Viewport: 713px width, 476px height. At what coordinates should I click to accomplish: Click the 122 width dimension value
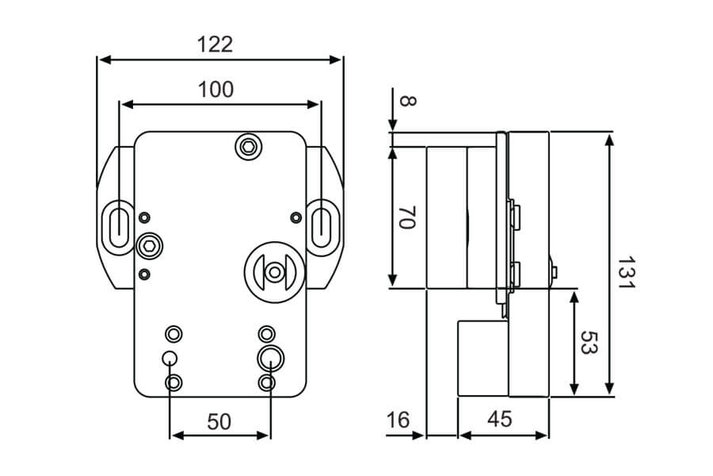point(215,44)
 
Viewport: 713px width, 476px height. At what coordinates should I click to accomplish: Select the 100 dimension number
point(215,90)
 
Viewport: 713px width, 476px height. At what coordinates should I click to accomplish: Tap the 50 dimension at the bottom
point(219,421)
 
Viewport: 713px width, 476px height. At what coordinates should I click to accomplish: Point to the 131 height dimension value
point(627,272)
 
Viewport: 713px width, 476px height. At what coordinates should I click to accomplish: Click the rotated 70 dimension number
point(407,218)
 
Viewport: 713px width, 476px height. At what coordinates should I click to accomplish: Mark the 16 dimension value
point(398,420)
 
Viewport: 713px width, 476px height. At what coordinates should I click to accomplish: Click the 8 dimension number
point(407,101)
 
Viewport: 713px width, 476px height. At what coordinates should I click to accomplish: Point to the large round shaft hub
point(274,271)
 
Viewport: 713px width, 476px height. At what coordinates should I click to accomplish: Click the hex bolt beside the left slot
point(148,246)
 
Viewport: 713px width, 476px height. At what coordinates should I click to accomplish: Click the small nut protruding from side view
point(555,273)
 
